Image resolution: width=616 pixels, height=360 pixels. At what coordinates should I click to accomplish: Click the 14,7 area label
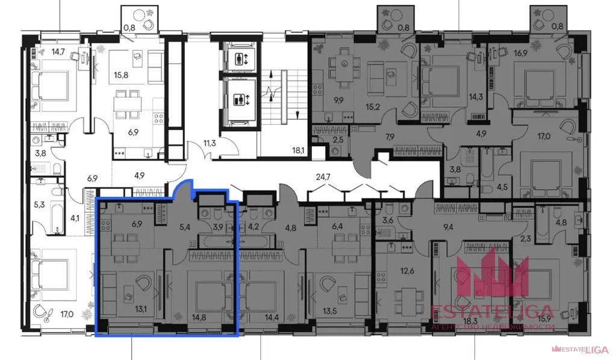point(41,52)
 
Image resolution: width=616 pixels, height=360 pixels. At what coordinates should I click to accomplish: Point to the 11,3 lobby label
point(210,143)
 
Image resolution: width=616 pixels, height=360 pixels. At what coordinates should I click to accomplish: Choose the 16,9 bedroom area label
point(521,52)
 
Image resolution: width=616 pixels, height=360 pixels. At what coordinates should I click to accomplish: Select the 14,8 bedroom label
point(198,311)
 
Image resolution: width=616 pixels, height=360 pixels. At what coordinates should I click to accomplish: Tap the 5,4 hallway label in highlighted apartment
point(185,228)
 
